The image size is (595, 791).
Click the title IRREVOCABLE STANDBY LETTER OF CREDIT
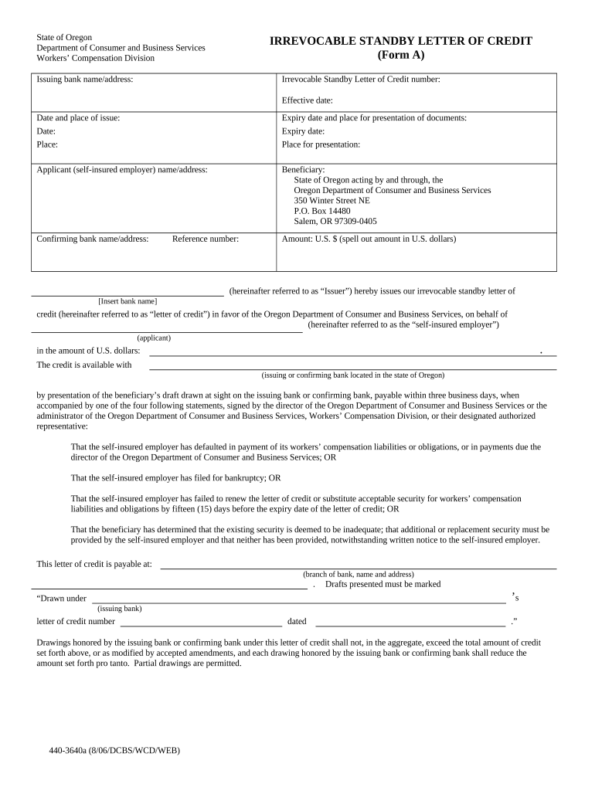pos(400,41)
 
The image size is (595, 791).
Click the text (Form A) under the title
pos(401,56)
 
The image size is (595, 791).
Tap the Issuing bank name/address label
pos(85,80)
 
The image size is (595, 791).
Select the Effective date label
pos(308,100)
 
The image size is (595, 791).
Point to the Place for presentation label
pos(321,144)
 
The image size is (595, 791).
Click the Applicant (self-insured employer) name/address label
pos(122,169)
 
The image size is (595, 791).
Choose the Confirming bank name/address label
pos(93,239)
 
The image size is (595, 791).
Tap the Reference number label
pos(206,239)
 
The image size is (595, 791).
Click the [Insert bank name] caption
pos(127,300)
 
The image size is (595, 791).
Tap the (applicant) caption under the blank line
pos(154,338)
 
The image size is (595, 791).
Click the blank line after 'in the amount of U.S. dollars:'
pos(344,354)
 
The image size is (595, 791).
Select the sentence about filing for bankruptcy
pos(175,477)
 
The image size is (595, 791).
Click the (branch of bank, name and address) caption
pos(358,574)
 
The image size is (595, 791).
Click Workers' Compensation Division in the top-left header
pos(96,58)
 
